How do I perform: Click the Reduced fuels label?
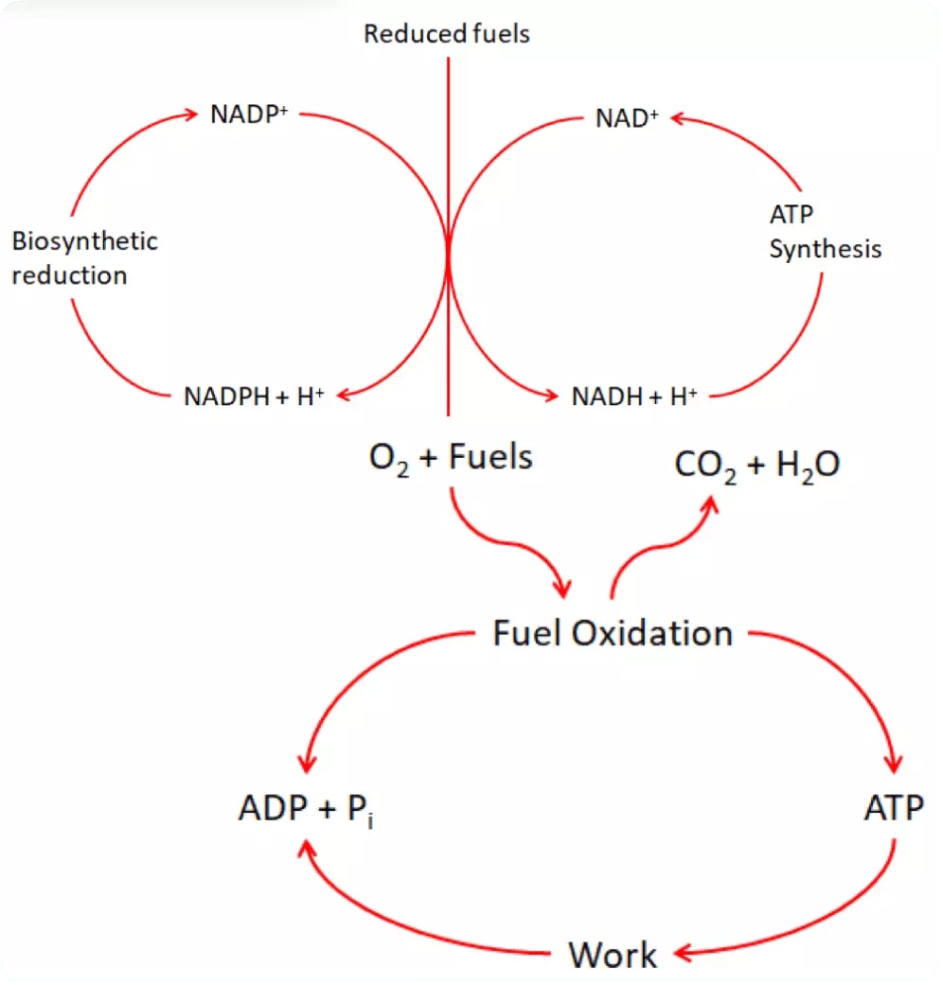(x=447, y=35)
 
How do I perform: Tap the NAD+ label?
(x=626, y=118)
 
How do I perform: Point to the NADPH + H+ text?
(x=254, y=396)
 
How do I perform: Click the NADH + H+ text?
(x=634, y=396)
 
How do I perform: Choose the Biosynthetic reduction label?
(x=83, y=257)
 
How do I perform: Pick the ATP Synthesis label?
(x=824, y=232)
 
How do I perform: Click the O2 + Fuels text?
(x=451, y=459)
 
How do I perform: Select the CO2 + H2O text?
(x=756, y=466)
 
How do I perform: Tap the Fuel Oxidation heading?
(x=613, y=633)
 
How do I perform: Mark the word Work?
(x=613, y=955)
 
